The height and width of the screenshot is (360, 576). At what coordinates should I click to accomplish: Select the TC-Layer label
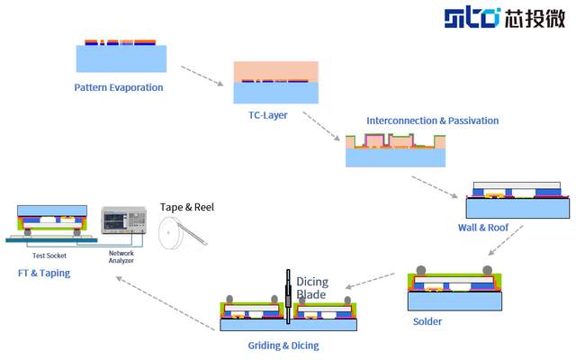pyautogui.click(x=267, y=115)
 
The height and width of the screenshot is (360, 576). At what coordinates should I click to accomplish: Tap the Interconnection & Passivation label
pyautogui.click(x=432, y=121)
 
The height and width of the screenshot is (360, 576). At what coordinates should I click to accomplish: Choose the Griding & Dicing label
pyautogui.click(x=283, y=345)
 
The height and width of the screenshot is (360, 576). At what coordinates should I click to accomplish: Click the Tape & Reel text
pyautogui.click(x=187, y=207)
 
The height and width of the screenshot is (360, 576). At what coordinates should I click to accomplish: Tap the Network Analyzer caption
pyautogui.click(x=121, y=257)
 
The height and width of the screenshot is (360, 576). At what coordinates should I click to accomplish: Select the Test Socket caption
pyautogui.click(x=50, y=255)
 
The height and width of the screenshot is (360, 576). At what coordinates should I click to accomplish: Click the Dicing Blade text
pyautogui.click(x=313, y=287)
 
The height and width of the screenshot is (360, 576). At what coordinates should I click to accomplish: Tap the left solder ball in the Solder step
pyautogui.click(x=420, y=270)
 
